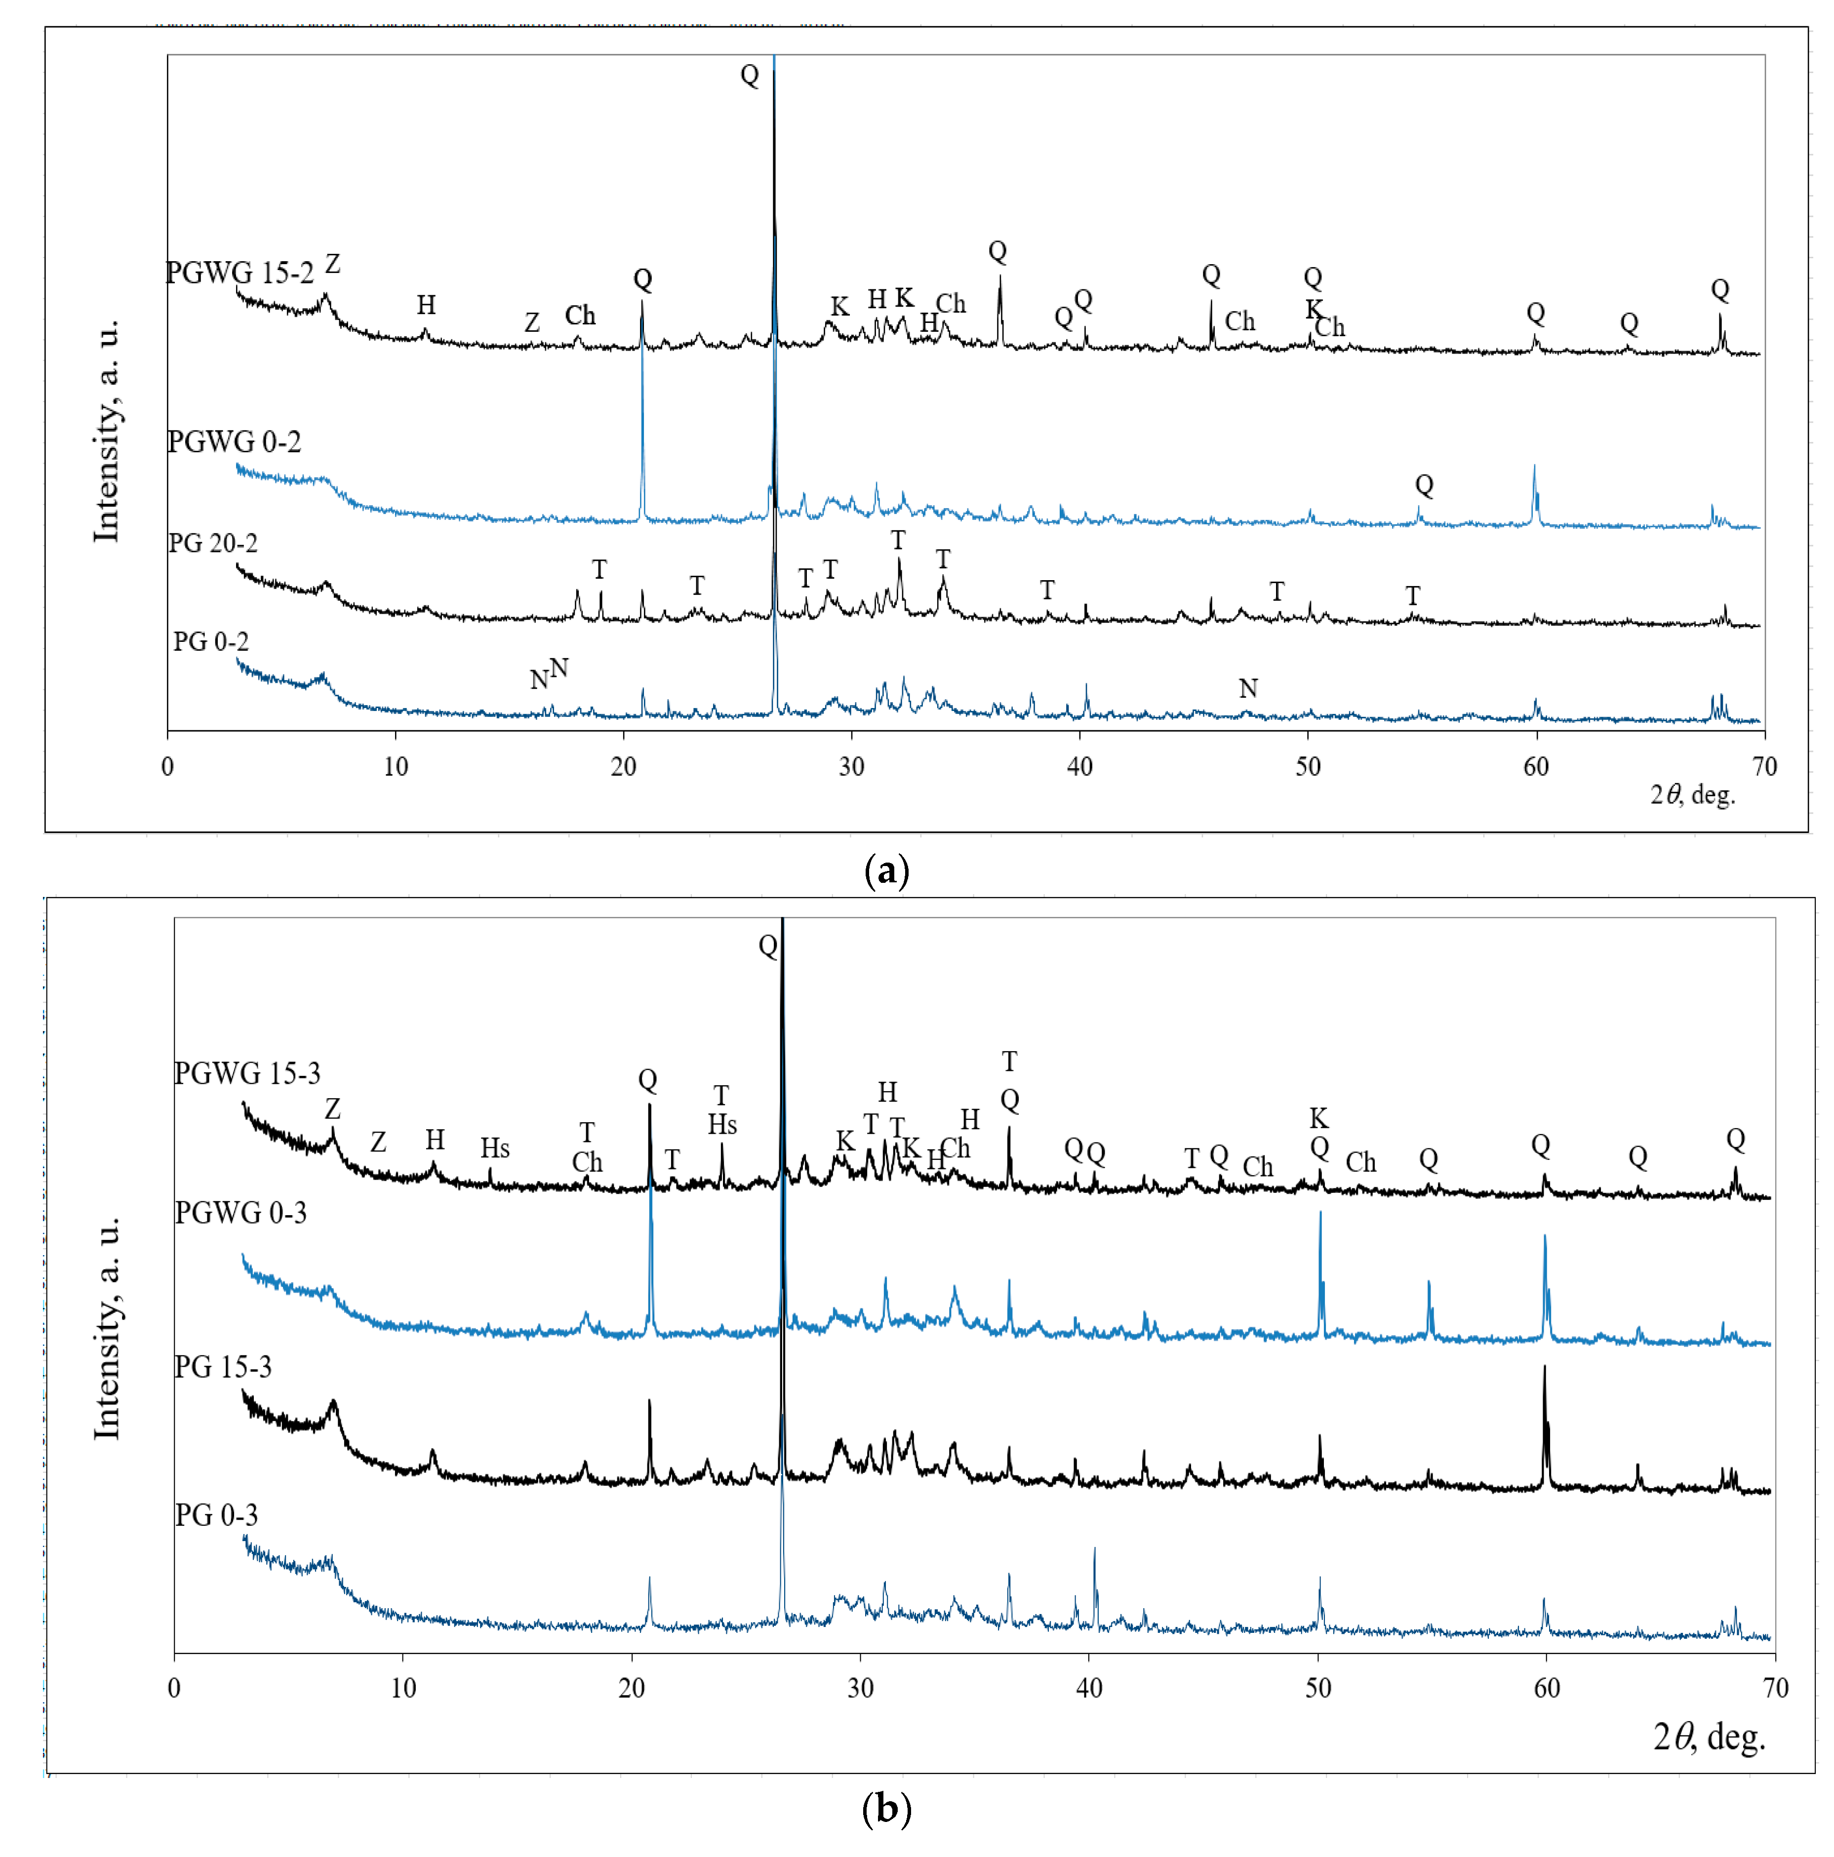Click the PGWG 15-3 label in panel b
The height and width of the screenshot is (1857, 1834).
coord(247,1073)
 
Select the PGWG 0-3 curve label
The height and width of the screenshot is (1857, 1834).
coord(240,1213)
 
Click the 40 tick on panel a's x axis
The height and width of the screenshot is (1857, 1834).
coord(1079,766)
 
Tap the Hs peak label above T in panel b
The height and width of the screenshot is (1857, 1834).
coord(722,1125)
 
